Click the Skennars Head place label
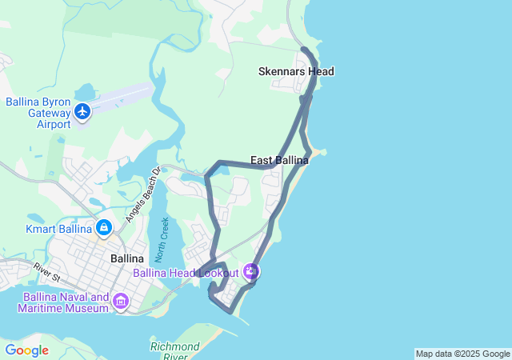tap(296, 71)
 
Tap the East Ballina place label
tap(279, 161)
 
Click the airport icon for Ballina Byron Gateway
tap(82, 111)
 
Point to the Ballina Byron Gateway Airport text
tap(38, 113)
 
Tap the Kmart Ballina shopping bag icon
tap(103, 229)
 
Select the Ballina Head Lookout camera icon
tap(251, 272)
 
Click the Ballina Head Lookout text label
tap(186, 273)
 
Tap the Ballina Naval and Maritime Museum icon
tap(121, 302)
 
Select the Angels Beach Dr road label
tap(143, 194)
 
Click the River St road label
tap(49, 273)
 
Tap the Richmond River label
tap(174, 351)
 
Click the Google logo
tap(26, 350)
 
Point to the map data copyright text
tap(462, 354)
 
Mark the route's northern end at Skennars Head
tap(304, 50)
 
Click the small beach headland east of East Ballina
tap(318, 151)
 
